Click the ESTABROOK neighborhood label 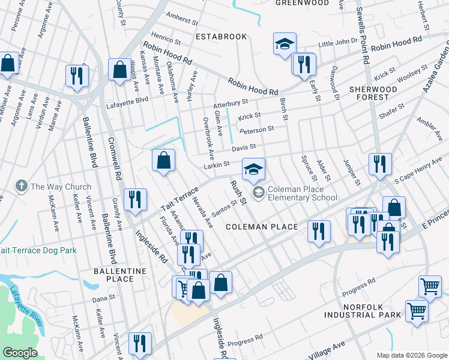pos(221,37)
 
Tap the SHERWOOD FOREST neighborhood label pos(376,93)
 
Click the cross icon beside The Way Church pos(22,187)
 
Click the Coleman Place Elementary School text pos(303,193)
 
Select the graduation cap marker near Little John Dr pos(285,44)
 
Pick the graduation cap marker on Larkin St pos(253,169)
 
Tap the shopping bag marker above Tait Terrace pos(163,160)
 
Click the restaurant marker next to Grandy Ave pos(135,200)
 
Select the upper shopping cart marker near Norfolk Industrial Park pos(430,287)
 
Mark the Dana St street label pos(103,298)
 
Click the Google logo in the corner pos(20,353)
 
